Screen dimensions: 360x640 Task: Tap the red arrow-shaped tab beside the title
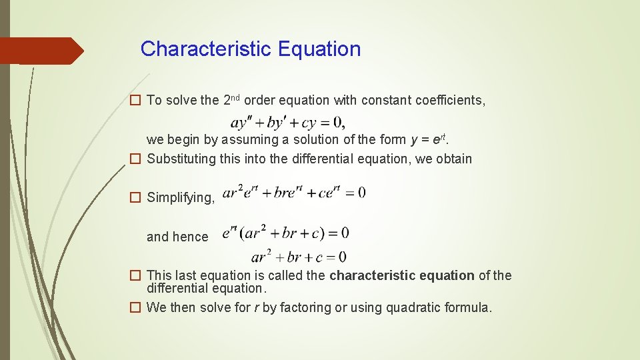tap(41, 51)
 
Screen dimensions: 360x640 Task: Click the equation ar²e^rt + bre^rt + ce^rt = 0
tap(293, 193)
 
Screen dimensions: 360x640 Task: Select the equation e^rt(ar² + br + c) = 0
tap(285, 233)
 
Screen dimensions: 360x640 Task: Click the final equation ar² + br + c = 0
tap(298, 257)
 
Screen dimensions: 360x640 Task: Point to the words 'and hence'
tap(177, 237)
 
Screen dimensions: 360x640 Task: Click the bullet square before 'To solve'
tap(135, 101)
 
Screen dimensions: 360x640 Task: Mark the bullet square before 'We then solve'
tap(135, 307)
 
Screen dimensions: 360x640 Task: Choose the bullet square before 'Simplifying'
tap(135, 197)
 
